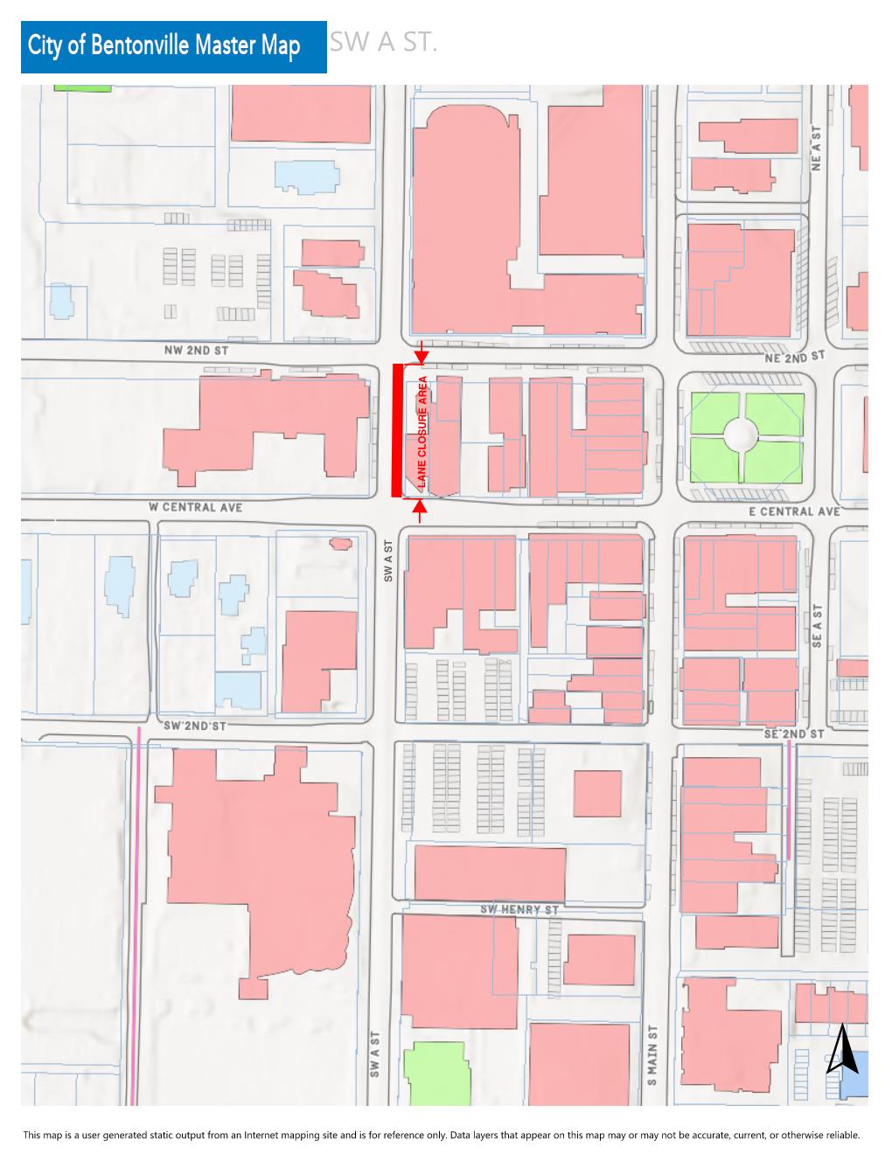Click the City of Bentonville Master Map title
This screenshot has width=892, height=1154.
tap(164, 47)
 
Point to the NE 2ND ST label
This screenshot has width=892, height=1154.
tap(792, 357)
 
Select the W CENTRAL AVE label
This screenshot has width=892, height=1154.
tap(195, 507)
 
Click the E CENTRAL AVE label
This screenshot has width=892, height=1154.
tap(793, 511)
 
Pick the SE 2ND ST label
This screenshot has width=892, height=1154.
tap(793, 734)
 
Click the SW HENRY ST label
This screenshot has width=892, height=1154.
tap(519, 910)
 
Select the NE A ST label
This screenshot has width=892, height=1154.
tap(818, 148)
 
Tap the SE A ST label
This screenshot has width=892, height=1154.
tap(818, 626)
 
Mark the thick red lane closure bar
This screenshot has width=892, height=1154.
tap(397, 430)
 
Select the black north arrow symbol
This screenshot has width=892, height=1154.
tap(841, 1050)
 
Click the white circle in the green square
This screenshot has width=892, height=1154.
tap(746, 431)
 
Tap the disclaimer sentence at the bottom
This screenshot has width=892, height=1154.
tap(442, 1135)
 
